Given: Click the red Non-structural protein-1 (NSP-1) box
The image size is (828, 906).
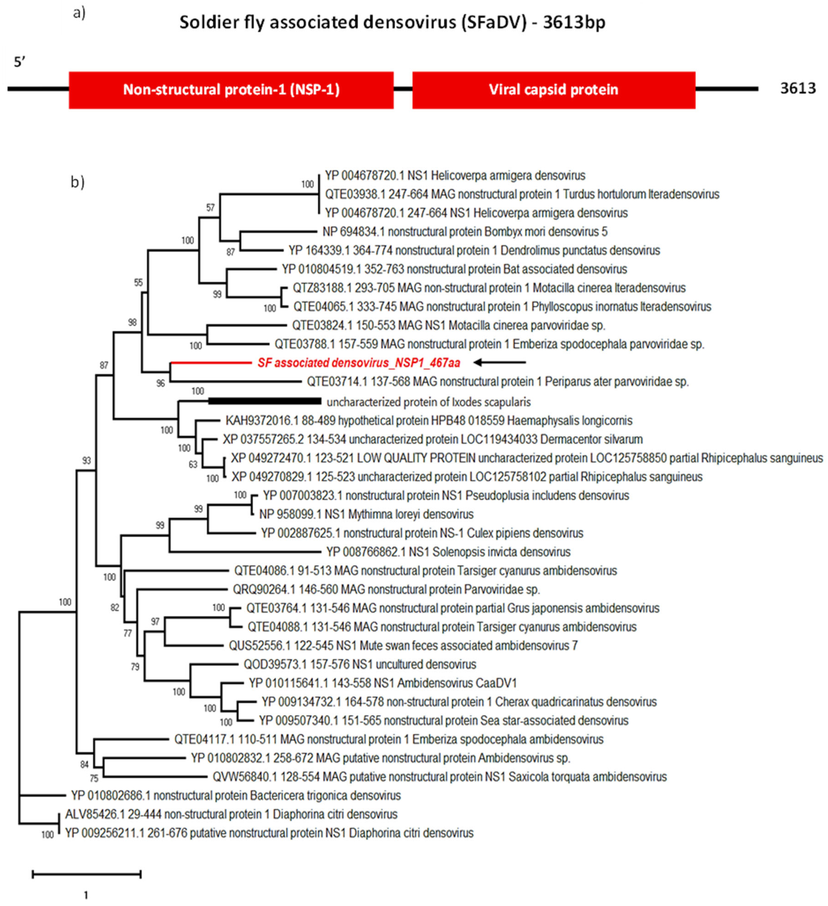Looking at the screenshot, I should coord(231,90).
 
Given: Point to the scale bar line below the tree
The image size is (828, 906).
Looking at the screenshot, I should coord(87,874).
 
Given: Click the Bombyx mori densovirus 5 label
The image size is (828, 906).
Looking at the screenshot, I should coord(465,232).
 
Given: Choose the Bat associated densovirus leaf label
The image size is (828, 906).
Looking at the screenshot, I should coord(454,269).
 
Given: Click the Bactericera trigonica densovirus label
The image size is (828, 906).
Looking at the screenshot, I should coord(235,795).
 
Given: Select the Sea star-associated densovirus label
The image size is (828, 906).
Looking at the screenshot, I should coord(443,720).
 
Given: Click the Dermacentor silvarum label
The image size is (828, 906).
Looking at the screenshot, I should coord(432,439).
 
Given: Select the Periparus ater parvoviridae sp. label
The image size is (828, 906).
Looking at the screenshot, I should coord(498,382).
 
